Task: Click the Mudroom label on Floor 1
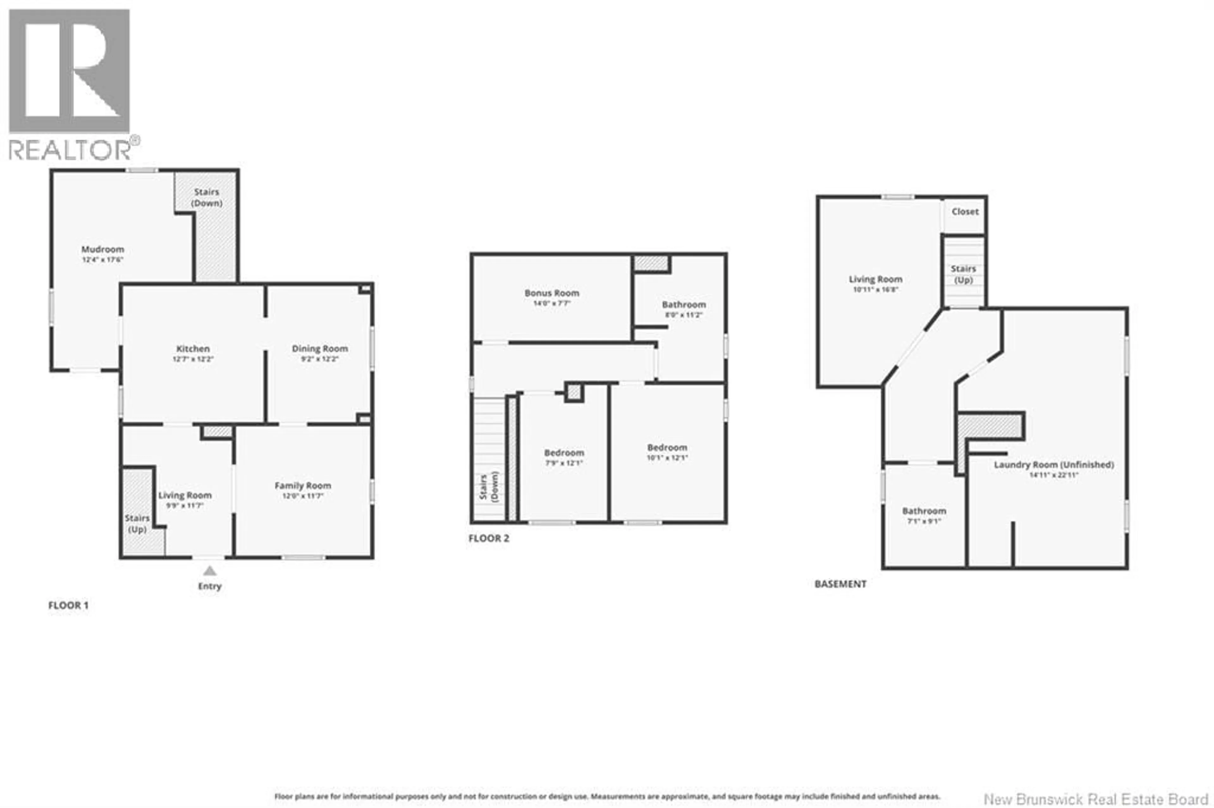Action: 103,250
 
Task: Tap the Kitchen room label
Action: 193,349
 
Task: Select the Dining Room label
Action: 320,349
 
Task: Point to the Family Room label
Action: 303,486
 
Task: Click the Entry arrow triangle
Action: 209,571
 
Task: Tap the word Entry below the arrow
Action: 209,587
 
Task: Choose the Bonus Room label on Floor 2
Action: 552,293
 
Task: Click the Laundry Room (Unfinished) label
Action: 1054,465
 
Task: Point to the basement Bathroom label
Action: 924,511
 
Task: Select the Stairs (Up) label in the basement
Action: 963,274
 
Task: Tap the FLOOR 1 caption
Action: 68,606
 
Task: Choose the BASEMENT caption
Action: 840,584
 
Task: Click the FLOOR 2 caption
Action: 488,539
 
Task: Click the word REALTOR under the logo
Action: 70,150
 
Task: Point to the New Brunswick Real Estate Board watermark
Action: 1095,799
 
